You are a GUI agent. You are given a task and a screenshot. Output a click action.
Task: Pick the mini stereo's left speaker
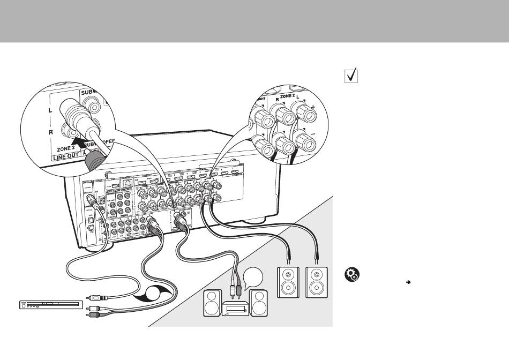(212, 303)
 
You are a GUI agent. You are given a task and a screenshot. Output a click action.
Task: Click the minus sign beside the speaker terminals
(327, 129)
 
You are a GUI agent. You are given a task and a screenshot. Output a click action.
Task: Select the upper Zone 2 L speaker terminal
(307, 112)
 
